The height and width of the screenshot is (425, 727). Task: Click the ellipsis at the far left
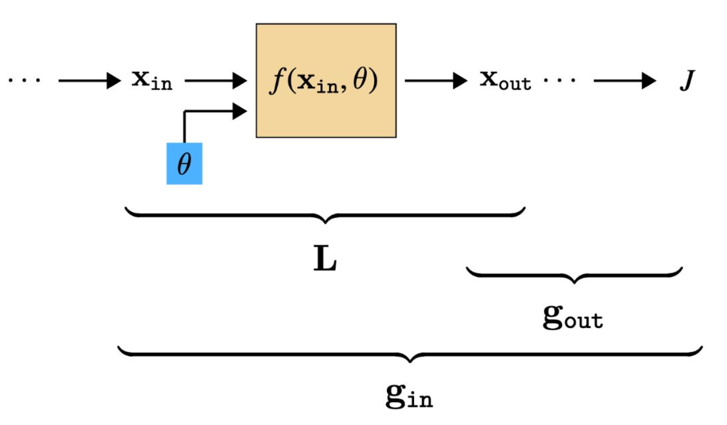point(24,80)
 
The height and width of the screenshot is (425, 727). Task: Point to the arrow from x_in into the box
point(216,81)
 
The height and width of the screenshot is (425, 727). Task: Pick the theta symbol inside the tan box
point(361,81)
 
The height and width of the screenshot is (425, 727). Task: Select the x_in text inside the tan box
point(318,83)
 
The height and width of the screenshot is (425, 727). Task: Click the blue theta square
point(184,164)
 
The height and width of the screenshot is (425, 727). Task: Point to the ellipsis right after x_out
point(559,80)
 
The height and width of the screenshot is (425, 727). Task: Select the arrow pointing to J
point(624,81)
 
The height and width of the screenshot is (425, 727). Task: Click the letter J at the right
point(687,81)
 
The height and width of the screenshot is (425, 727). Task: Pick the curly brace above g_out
point(574,274)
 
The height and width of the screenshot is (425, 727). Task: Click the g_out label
point(573,318)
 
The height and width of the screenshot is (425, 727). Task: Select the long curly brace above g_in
point(409,354)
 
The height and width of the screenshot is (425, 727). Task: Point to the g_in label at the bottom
point(409,397)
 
